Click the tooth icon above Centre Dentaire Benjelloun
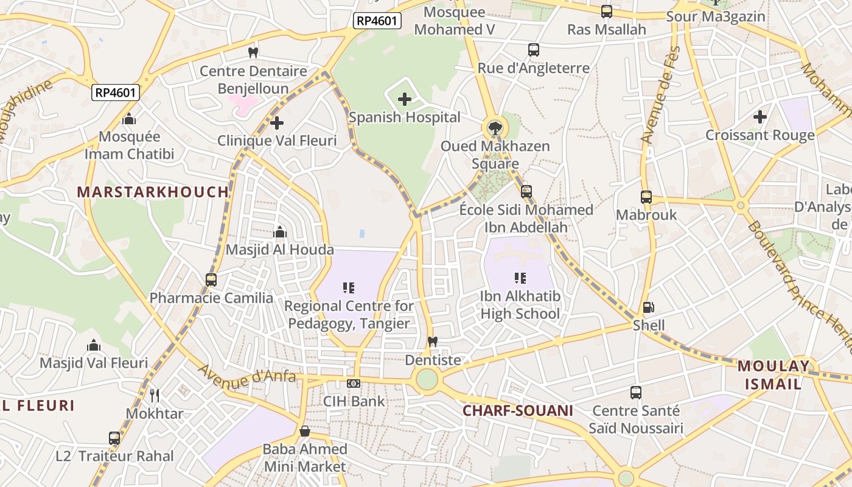[253, 53]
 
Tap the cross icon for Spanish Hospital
[405, 99]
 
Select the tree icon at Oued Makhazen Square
[495, 128]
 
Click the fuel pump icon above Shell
[649, 307]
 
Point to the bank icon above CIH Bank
[353, 384]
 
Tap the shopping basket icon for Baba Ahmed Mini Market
[305, 432]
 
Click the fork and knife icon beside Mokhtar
[155, 396]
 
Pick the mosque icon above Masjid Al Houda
[280, 232]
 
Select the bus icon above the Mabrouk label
[646, 197]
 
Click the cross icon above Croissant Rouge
[760, 117]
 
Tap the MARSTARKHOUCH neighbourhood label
[153, 192]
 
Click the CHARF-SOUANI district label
[517, 410]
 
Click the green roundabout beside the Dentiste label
[427, 379]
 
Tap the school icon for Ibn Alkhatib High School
[520, 278]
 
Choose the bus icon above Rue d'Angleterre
[534, 50]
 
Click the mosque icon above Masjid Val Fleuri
[94, 346]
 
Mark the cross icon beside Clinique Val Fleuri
[277, 123]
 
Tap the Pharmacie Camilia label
[211, 298]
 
